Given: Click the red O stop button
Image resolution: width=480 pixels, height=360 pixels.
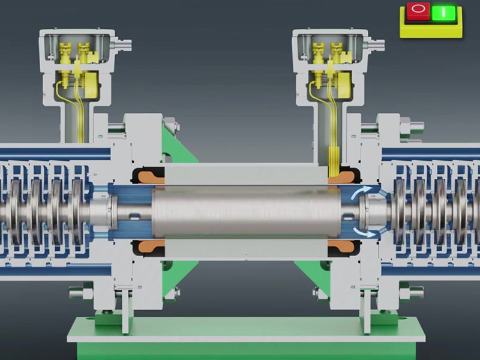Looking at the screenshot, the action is point(418,10).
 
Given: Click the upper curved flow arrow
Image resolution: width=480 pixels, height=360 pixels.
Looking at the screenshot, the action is point(362,192).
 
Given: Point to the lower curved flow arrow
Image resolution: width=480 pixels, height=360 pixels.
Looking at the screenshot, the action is point(364,232).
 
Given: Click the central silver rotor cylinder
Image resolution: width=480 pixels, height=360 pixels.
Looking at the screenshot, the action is point(246,212).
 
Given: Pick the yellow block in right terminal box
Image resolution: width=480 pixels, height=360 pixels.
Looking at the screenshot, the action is point(344,84).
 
